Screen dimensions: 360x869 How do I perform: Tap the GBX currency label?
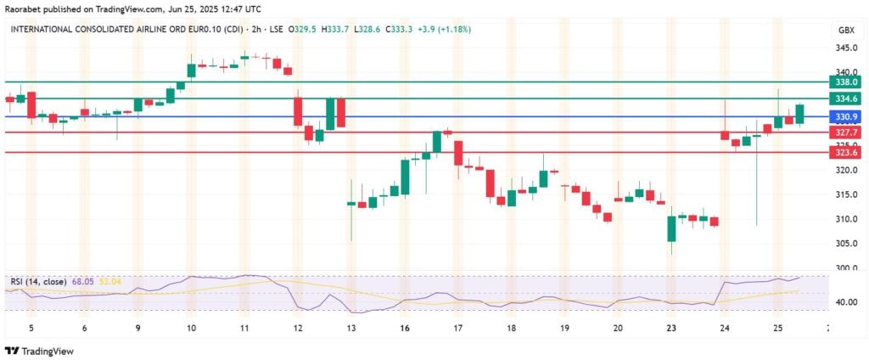pos(846,30)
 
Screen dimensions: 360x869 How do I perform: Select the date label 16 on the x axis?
pos(405,327)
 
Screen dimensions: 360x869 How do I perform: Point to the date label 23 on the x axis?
pos(671,327)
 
